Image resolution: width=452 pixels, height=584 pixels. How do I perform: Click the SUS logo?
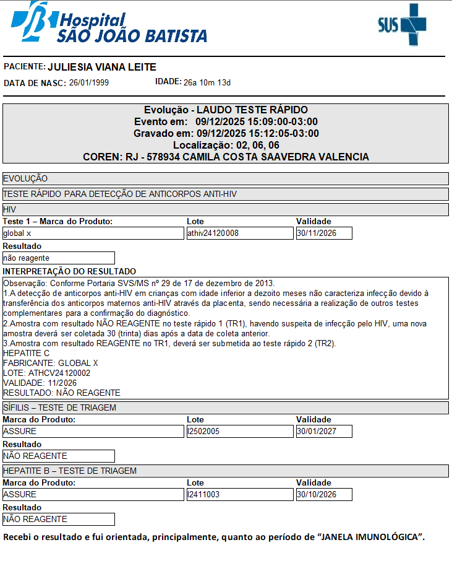[x=402, y=24]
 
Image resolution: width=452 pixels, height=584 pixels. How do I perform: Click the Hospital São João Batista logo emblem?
[x=31, y=20]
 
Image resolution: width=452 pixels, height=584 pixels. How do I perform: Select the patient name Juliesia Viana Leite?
[x=102, y=67]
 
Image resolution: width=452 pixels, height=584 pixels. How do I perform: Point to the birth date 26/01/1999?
[x=89, y=82]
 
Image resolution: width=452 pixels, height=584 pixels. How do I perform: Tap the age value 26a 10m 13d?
[x=207, y=82]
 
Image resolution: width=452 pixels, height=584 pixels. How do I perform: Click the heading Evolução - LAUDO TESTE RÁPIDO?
[x=226, y=110]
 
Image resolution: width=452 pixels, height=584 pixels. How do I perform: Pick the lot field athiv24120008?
[x=239, y=233]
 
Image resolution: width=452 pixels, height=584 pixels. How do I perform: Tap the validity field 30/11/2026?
[x=324, y=233]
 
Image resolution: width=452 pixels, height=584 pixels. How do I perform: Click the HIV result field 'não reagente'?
[x=59, y=258]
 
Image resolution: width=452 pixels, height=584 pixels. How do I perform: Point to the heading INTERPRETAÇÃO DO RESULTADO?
[x=69, y=271]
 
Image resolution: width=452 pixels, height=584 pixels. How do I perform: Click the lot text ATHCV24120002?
[x=59, y=373]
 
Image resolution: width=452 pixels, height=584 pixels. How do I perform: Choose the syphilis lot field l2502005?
[x=239, y=432]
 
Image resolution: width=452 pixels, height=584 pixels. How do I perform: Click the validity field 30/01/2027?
[x=324, y=432]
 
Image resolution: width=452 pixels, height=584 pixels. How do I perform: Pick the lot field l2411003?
[x=239, y=495]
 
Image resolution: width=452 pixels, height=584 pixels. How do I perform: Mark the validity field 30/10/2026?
[x=324, y=495]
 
